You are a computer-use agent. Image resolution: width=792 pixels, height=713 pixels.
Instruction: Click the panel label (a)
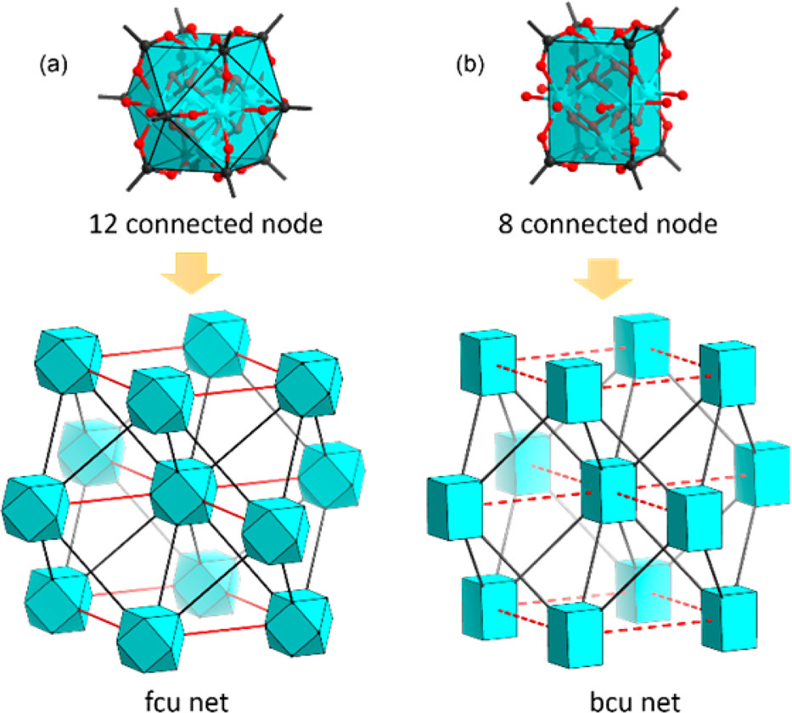tap(53, 65)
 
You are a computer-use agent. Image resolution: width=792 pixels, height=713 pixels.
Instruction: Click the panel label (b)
tap(469, 65)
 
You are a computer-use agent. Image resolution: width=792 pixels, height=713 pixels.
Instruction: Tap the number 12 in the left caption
tap(104, 224)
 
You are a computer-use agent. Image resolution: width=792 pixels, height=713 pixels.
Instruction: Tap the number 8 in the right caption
tap(506, 224)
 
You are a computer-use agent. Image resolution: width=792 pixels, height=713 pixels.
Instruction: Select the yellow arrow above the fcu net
tap(191, 272)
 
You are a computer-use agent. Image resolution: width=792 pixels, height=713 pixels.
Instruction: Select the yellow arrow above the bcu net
tap(603, 278)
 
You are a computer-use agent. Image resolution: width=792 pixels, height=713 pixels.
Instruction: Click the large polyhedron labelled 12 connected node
tap(205, 104)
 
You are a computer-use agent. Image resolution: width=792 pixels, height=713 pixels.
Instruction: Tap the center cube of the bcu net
tap(608, 491)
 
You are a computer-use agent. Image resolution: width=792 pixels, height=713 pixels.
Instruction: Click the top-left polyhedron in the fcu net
tap(67, 360)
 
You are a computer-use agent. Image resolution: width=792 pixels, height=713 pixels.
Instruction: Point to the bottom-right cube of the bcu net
tap(729, 619)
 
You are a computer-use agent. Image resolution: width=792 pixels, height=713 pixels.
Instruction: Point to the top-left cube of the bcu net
tap(488, 362)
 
